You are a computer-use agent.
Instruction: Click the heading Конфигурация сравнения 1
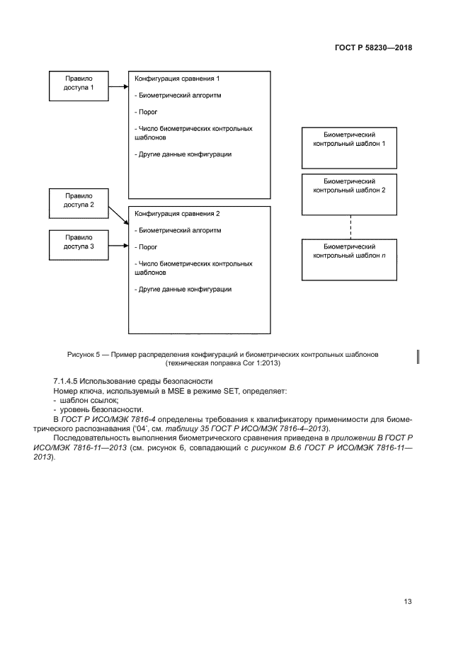point(173,79)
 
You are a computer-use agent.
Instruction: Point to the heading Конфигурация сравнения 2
point(173,213)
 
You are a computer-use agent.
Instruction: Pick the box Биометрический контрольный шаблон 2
point(348,194)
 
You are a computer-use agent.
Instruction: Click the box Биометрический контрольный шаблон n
point(348,260)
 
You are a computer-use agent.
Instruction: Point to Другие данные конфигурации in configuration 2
point(182,289)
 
